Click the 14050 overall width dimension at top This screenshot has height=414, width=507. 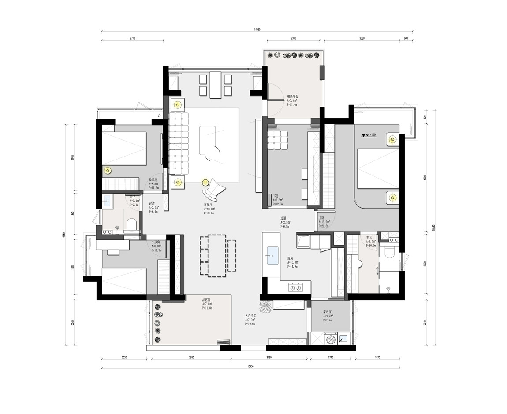coord(257,30)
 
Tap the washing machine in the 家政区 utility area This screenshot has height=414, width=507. coord(330,339)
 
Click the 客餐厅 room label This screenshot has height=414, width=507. coord(209,205)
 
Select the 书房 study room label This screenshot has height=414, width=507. coord(275,195)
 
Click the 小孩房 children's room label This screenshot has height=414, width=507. coord(155,242)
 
